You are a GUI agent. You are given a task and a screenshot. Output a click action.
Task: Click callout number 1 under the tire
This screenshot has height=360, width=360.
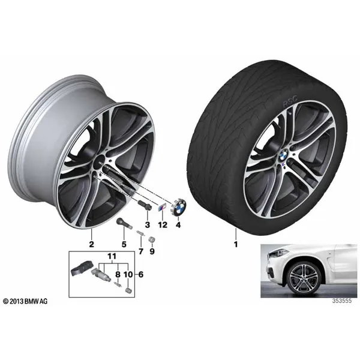236,244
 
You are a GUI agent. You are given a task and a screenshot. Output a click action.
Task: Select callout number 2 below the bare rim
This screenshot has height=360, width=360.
91,244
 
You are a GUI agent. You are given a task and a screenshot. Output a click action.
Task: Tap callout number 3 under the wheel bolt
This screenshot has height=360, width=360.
147,225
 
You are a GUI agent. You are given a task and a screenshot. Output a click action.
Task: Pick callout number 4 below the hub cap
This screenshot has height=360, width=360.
178,225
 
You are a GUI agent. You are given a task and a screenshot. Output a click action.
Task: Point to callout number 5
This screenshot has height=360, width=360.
124,245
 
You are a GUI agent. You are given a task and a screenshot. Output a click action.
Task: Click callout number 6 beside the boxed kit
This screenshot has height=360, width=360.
141,274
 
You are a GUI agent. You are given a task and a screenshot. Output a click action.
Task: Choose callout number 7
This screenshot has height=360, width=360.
140,251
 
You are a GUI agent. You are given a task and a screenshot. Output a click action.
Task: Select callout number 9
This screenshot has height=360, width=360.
152,251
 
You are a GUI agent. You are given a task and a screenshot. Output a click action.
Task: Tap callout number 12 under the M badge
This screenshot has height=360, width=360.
163,225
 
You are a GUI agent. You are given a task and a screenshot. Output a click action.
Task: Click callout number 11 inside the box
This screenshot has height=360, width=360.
112,256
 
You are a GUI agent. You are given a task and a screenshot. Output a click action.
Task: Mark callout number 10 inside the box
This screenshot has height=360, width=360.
128,274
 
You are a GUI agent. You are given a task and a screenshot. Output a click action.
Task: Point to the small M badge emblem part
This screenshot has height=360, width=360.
161,208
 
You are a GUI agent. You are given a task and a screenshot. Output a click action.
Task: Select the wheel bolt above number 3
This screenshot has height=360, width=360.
145,204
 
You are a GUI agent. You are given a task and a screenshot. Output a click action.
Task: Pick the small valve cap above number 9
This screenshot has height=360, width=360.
152,239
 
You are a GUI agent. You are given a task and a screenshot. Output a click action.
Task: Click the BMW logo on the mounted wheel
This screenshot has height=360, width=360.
284,155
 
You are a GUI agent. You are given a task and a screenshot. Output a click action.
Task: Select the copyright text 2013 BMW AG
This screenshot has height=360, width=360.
25,301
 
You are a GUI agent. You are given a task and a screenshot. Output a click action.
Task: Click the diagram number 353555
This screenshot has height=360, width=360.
342,301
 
